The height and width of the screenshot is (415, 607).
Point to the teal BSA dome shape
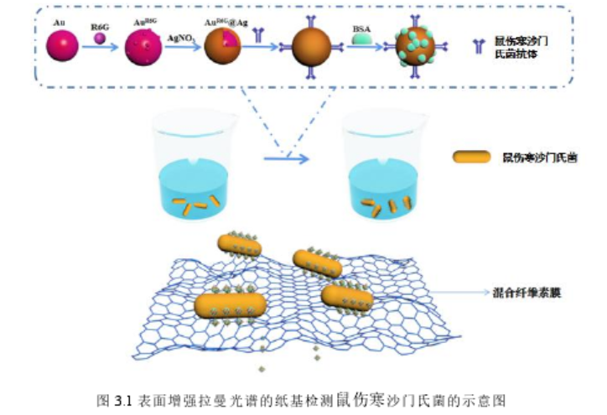(x=362, y=39)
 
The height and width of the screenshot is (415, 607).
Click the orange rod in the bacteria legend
(x=470, y=156)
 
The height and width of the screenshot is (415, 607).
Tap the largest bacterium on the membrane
(x=230, y=305)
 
